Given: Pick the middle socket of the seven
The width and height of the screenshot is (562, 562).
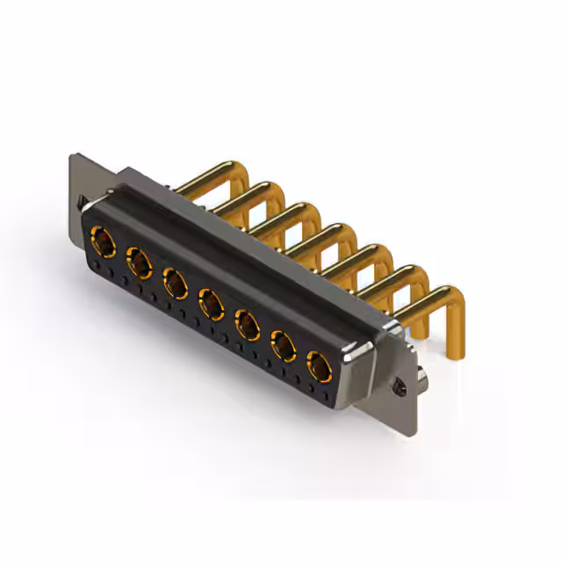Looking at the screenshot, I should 211,304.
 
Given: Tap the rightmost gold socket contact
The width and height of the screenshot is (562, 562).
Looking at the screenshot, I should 319,366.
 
